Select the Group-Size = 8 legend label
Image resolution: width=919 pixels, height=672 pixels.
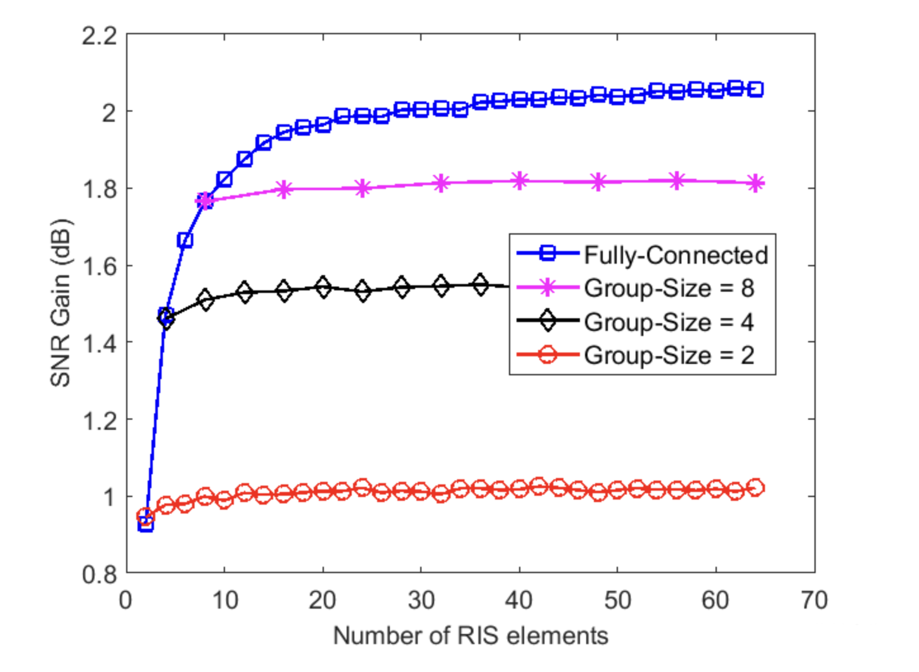pyautogui.click(x=669, y=288)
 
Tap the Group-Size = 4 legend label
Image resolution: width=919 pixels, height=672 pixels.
pyautogui.click(x=669, y=322)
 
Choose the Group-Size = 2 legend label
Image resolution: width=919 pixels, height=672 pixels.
pyautogui.click(x=669, y=355)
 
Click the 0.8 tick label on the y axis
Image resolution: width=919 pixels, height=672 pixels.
pyautogui.click(x=100, y=574)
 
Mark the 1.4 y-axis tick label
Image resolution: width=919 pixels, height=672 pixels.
pyautogui.click(x=100, y=344)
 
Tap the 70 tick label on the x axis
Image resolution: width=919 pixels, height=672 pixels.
pyautogui.click(x=814, y=600)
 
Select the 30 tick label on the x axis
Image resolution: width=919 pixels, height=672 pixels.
pyautogui.click(x=421, y=600)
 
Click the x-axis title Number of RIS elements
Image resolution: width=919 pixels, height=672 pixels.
pyautogui.click(x=470, y=635)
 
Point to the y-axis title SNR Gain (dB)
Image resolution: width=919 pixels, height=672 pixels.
pyautogui.click(x=61, y=303)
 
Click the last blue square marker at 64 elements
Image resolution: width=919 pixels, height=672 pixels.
pyautogui.click(x=755, y=89)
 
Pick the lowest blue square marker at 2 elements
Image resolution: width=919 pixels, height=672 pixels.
pyautogui.click(x=146, y=524)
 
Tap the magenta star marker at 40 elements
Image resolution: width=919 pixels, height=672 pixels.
pyautogui.click(x=520, y=181)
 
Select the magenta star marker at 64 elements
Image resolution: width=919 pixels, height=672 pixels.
pyautogui.click(x=755, y=184)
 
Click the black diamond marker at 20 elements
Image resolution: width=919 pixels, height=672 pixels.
pyautogui.click(x=323, y=287)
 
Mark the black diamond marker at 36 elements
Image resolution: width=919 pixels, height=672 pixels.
pyautogui.click(x=480, y=285)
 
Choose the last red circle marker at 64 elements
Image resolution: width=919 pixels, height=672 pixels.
pyautogui.click(x=755, y=488)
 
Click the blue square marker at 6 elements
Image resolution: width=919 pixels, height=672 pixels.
pyautogui.click(x=185, y=240)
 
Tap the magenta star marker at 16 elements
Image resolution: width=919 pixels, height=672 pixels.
pyautogui.click(x=284, y=189)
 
